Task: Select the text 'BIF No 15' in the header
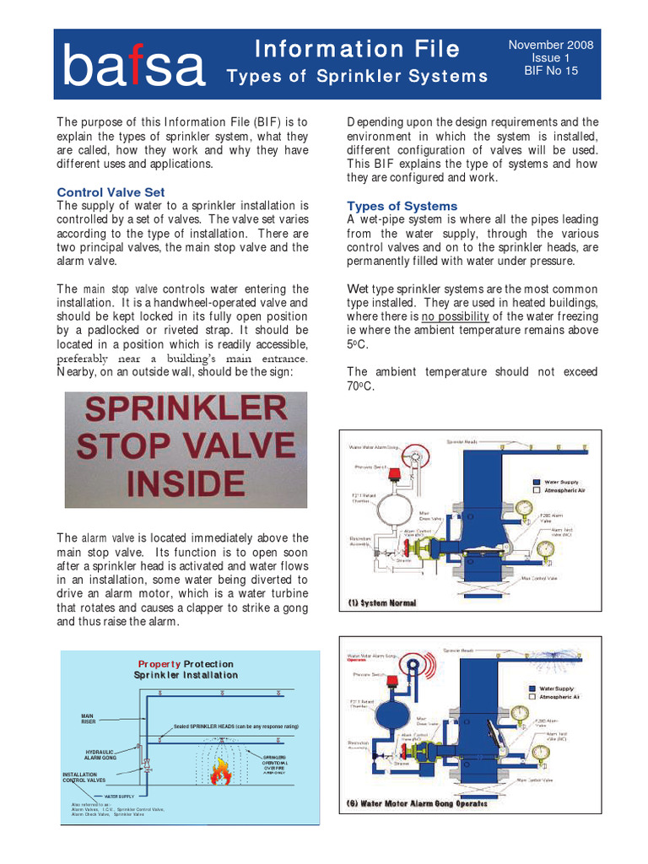[551, 72]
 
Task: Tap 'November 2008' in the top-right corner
[551, 45]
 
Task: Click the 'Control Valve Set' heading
[111, 192]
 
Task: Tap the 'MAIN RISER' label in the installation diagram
[88, 719]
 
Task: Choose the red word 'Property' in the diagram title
[159, 664]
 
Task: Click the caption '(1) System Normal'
[382, 603]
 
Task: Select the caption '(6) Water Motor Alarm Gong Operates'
[417, 803]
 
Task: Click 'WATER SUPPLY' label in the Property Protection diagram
[118, 796]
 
